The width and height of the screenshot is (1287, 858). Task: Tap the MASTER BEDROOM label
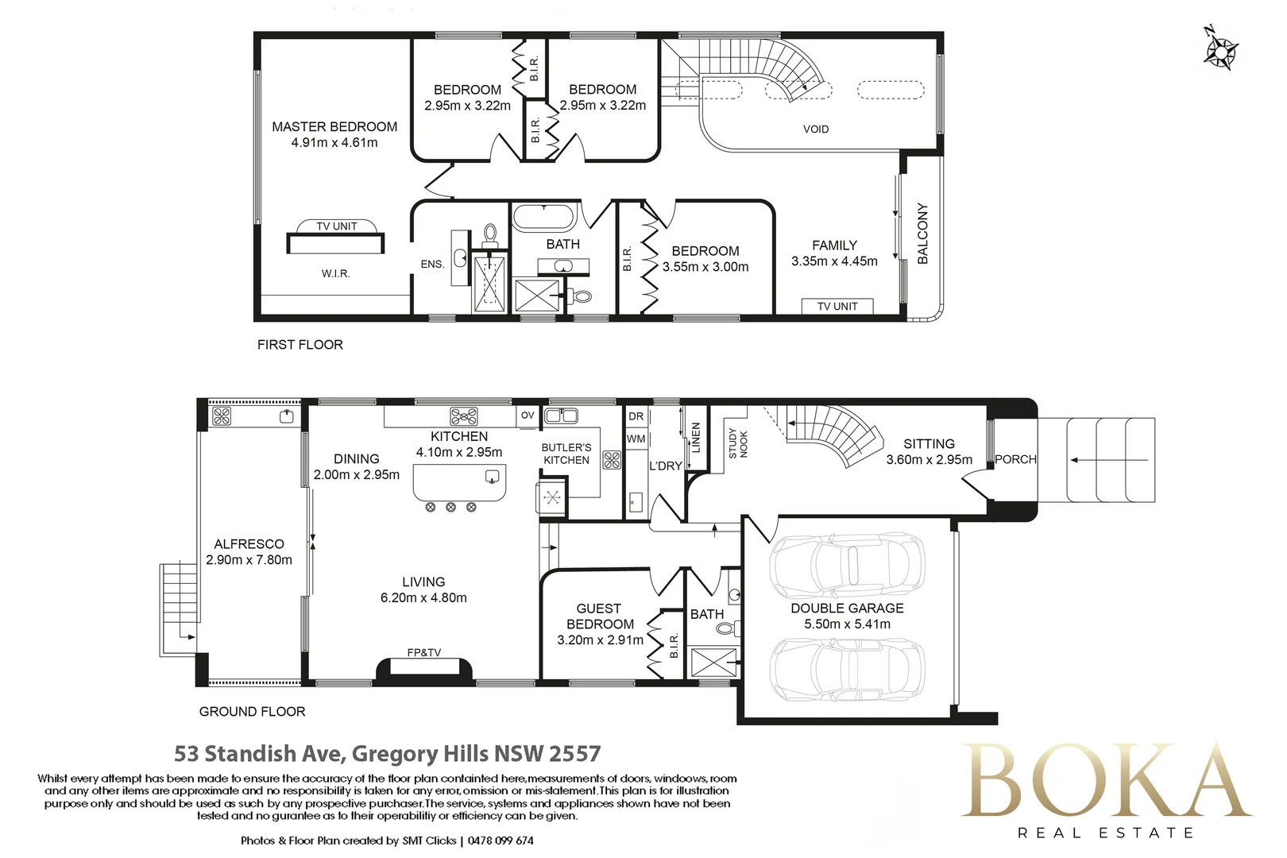coord(334,126)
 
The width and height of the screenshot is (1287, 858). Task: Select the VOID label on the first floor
coord(816,129)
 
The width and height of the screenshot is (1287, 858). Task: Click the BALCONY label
coord(922,234)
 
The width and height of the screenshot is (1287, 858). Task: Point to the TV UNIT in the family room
coord(837,307)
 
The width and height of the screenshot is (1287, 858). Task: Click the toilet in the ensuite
coord(490,236)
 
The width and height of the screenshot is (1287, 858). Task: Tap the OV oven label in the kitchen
coord(528,415)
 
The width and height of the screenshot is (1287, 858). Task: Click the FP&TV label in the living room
coord(424,652)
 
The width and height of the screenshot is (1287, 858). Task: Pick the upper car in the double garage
coord(848,566)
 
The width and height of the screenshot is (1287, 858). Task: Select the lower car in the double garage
coord(848,670)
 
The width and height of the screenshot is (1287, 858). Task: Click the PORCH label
coord(1016,459)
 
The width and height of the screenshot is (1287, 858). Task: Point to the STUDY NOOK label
coord(738,443)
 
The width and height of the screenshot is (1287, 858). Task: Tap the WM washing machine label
coord(636,439)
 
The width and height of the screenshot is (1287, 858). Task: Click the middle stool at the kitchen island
coord(451,507)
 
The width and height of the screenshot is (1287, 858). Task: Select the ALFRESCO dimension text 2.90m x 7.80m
coord(249,560)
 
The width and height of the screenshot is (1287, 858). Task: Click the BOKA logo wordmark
coord(1106,781)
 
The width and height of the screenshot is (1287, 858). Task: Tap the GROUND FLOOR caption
coord(252,712)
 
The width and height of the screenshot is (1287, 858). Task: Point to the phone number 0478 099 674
coord(500,841)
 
